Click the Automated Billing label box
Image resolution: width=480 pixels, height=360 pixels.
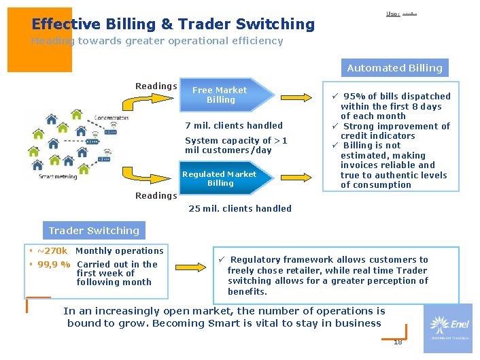point(394,67)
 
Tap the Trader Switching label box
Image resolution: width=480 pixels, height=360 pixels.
point(94,230)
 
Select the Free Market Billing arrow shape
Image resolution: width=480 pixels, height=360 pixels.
point(228,95)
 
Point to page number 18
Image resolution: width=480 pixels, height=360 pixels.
point(398,342)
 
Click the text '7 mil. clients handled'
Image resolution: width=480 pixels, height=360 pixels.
point(234,125)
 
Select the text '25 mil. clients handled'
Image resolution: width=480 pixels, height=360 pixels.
point(239,208)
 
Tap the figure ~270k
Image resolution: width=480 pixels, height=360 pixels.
point(52,250)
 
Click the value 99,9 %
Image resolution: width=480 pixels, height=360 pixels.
point(54,264)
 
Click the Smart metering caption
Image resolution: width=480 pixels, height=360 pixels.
point(58,176)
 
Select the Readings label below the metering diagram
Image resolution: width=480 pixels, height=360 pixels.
point(156,195)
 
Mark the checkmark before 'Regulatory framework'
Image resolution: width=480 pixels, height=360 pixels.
point(222,259)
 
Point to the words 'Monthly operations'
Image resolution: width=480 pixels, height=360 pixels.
point(120,250)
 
